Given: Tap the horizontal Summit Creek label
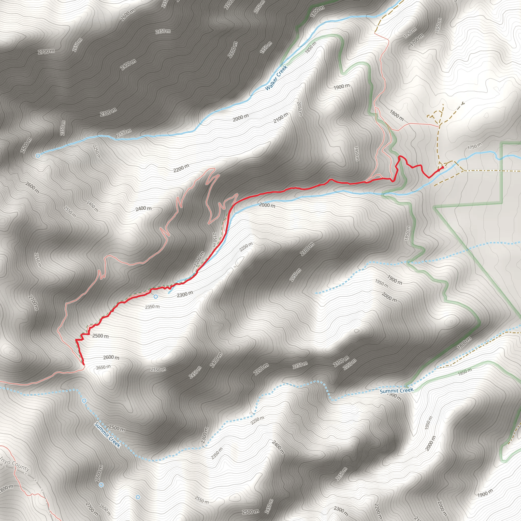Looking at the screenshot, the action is (396, 390).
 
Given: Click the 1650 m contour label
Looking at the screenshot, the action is (438, 26).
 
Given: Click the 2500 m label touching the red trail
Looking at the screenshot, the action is (100, 336).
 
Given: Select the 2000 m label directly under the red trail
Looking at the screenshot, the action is (267, 205).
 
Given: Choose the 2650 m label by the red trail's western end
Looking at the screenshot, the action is (103, 367).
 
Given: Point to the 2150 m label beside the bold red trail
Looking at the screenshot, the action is (214, 240).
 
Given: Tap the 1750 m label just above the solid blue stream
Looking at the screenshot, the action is (474, 146).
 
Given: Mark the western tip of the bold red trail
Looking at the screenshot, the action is (84, 364).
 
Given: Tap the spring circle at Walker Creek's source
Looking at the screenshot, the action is (38, 155).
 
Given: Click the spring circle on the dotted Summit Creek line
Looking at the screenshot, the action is (84, 401).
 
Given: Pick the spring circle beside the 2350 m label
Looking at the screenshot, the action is (156, 297).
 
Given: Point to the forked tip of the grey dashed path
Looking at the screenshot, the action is (463, 103).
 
